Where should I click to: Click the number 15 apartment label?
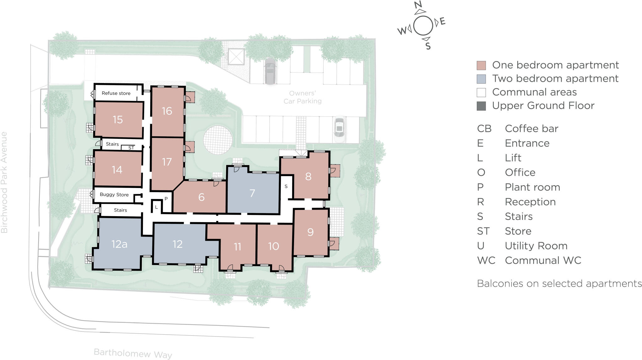point(118,119)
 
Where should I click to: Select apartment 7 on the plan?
point(252,193)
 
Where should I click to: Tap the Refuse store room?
point(116,93)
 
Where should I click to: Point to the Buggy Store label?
point(114,195)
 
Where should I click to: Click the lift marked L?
point(156,207)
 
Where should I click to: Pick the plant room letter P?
point(166,199)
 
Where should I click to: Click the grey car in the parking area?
point(270,71)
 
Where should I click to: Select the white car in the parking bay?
point(339,127)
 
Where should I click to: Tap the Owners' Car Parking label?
point(302,97)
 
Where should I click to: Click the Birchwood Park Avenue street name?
point(4,182)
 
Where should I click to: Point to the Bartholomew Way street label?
point(133,353)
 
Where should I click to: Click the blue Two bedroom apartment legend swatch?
point(481,79)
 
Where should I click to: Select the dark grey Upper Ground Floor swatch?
point(481,106)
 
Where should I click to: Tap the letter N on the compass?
point(418,5)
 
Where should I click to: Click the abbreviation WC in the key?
point(486,260)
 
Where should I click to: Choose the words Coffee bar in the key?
point(531,128)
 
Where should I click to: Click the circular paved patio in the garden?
point(218,140)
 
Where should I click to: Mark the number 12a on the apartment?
point(119,244)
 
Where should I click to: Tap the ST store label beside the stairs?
point(131,148)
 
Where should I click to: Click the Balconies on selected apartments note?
point(559,284)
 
